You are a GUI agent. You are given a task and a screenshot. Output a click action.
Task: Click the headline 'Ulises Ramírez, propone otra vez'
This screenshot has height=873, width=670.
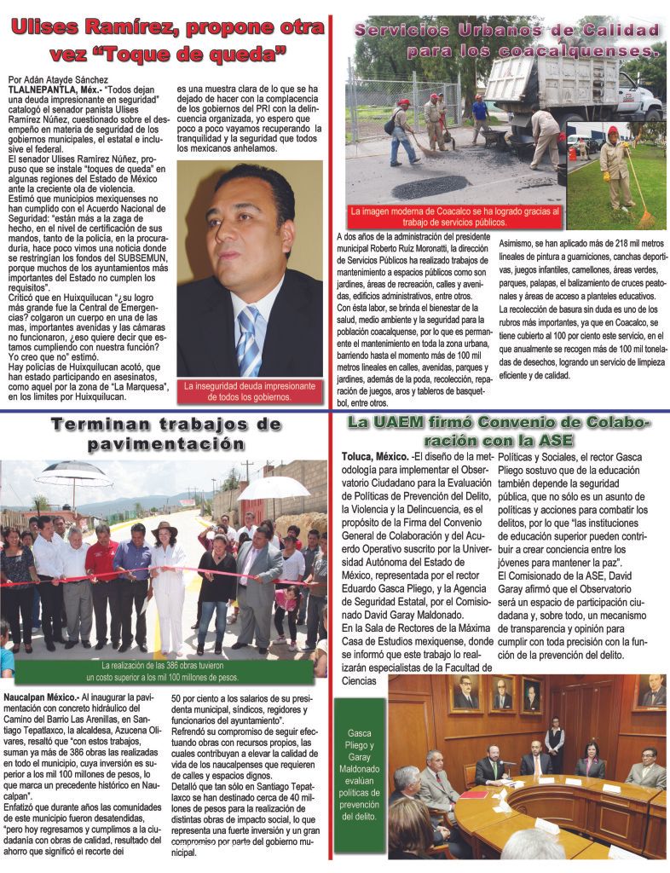(x=167, y=39)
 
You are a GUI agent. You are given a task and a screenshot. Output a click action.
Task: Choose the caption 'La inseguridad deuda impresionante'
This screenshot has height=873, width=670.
(x=250, y=390)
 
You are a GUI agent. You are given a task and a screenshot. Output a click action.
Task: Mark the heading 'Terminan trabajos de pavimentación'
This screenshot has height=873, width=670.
(x=164, y=433)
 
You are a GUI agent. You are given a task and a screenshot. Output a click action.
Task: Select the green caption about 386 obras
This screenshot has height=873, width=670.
(x=168, y=669)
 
